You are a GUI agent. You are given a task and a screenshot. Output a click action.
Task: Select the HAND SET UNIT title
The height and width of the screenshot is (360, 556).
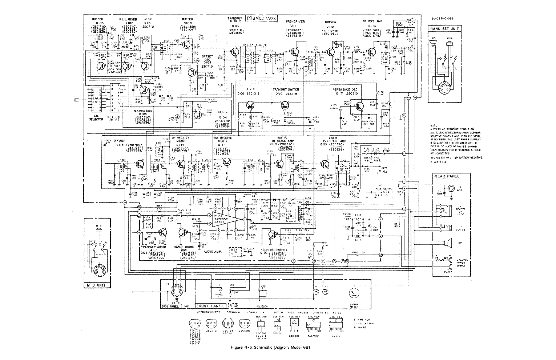tap(444, 29)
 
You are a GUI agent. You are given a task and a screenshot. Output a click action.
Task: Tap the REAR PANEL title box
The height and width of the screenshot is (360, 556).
tap(447, 176)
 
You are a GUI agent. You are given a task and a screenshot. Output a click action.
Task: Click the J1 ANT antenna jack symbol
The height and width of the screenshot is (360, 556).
tap(451, 188)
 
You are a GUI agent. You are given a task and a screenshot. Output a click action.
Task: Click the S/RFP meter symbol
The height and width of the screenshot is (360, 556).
tap(354, 293)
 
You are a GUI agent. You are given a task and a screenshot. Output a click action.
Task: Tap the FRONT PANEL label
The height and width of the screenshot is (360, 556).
tap(210, 306)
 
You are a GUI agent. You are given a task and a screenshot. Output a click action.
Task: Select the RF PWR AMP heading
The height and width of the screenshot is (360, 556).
tap(372, 21)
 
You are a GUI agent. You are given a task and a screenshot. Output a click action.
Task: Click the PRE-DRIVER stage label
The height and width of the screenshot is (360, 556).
tap(295, 21)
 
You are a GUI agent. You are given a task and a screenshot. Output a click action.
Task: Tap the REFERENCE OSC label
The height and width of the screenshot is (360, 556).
tap(347, 89)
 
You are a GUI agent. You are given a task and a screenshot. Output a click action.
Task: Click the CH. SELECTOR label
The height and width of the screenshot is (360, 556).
tap(96, 117)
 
